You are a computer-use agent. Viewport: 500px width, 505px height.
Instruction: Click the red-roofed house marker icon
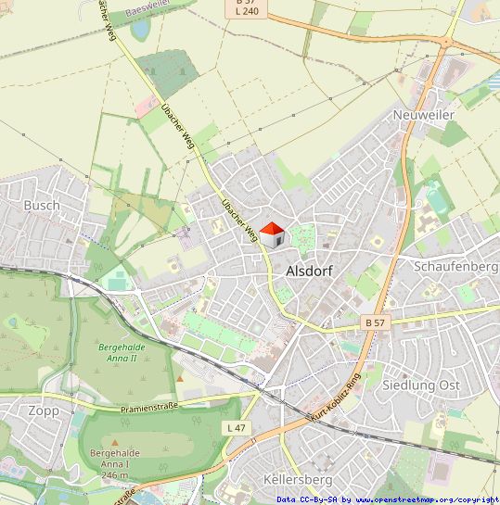[x=271, y=234]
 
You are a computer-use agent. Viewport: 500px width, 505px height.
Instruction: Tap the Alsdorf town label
[x=311, y=271]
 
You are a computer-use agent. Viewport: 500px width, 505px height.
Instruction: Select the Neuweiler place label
[x=424, y=113]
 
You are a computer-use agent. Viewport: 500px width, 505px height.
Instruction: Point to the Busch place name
[x=42, y=205]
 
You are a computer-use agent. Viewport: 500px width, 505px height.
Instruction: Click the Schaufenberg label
[x=455, y=266]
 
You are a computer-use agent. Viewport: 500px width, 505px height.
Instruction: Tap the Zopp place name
[x=44, y=410]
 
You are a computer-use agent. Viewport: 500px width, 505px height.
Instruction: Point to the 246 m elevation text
[x=114, y=474]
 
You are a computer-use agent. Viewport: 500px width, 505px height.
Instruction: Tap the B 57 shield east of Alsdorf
[x=375, y=322]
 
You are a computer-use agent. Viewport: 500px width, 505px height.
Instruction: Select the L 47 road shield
[x=237, y=427]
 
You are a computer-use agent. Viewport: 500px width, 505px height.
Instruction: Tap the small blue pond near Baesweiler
[x=140, y=29]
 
